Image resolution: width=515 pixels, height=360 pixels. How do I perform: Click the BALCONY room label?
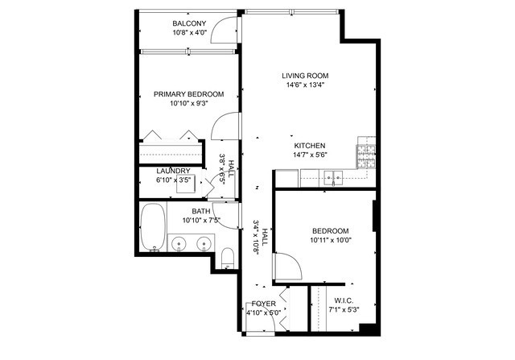point(189,23)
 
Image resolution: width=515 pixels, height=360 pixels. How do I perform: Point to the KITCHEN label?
point(309,146)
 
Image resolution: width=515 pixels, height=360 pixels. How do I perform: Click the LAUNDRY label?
point(173,171)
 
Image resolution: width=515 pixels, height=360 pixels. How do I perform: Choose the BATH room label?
point(200,211)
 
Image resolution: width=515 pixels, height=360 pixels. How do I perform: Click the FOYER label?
point(264,304)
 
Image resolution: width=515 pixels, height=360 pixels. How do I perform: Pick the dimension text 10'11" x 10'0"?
point(331,239)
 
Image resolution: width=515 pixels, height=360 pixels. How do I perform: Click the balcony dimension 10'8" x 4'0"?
point(189,33)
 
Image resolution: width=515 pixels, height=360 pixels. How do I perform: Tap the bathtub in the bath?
point(151,227)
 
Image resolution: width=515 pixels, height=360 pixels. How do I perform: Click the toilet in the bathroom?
point(227,257)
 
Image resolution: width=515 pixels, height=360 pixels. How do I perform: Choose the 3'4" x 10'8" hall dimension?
point(257,237)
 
